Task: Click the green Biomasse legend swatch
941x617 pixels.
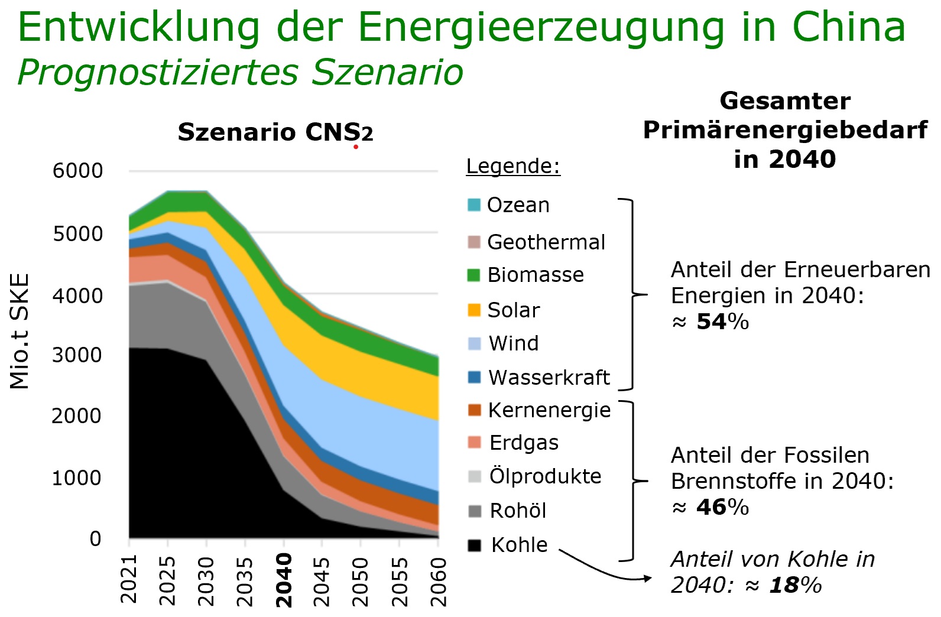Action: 473,275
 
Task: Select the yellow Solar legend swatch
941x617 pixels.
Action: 473,310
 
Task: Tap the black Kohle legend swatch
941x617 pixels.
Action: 474,545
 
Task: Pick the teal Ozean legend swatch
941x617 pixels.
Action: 473,205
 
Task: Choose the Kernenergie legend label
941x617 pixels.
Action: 549,410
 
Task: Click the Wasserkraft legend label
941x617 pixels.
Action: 549,378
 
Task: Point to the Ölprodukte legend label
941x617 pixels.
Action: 545,476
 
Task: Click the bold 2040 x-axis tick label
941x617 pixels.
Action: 284,580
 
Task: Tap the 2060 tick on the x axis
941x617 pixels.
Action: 439,582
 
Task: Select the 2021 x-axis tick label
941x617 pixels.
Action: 129,579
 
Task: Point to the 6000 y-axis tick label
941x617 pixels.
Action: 77,171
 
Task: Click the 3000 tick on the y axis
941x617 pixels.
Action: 77,355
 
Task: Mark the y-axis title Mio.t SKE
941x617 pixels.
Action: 20,331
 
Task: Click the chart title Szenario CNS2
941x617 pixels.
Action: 275,132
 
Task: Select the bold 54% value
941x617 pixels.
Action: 722,322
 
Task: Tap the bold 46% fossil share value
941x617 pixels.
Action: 722,507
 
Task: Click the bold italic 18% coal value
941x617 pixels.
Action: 795,585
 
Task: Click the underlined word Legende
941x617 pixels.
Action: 512,166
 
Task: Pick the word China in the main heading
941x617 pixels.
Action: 848,27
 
